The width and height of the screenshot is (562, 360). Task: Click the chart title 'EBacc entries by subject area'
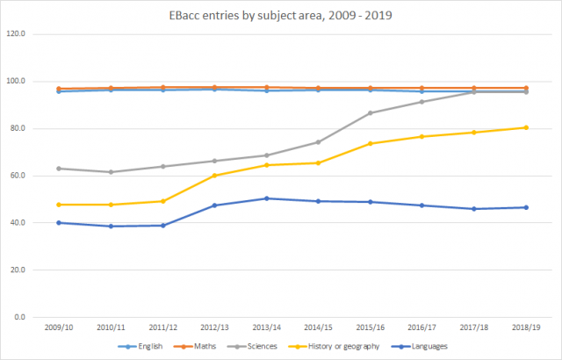(x=280, y=17)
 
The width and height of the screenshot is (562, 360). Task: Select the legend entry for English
(x=146, y=347)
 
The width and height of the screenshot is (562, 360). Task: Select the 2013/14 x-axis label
(x=266, y=328)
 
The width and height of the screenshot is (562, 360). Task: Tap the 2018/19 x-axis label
(x=525, y=328)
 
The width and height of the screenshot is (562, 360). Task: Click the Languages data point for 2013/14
(x=266, y=198)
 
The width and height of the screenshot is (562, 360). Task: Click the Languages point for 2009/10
(x=59, y=223)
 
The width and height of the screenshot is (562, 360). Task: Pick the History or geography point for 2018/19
(x=525, y=127)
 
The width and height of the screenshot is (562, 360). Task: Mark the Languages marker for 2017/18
(x=473, y=209)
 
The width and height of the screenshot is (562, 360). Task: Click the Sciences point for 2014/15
(x=318, y=142)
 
